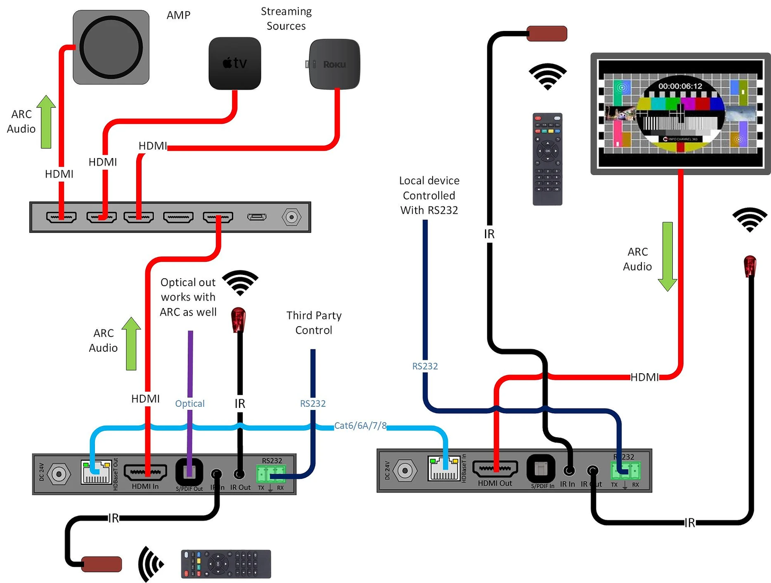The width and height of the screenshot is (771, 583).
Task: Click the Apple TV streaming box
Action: (235, 63)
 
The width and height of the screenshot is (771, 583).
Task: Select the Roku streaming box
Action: (335, 64)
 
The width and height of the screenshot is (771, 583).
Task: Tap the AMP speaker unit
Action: (111, 47)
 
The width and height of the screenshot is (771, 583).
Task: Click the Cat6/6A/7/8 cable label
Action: (360, 426)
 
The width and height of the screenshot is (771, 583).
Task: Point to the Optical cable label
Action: (190, 404)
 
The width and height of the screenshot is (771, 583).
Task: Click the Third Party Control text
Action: (314, 323)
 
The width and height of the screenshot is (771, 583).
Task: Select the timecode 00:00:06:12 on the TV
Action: (680, 86)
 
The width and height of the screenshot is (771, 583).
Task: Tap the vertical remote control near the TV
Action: (547, 159)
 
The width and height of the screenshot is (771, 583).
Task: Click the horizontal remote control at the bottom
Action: (226, 564)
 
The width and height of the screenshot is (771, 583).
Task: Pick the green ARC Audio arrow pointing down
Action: (667, 256)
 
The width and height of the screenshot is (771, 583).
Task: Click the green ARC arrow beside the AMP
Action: (46, 122)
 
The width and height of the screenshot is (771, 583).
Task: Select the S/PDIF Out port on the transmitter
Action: (189, 471)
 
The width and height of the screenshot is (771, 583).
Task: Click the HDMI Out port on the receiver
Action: (495, 469)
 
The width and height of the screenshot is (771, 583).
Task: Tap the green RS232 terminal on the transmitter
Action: (271, 473)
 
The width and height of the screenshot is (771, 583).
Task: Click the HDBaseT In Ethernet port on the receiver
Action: (444, 468)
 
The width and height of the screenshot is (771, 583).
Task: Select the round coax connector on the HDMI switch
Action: (291, 217)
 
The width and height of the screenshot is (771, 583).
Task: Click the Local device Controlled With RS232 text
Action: (429, 195)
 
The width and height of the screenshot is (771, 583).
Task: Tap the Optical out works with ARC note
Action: (188, 297)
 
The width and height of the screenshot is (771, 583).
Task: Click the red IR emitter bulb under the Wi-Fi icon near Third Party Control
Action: (238, 319)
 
